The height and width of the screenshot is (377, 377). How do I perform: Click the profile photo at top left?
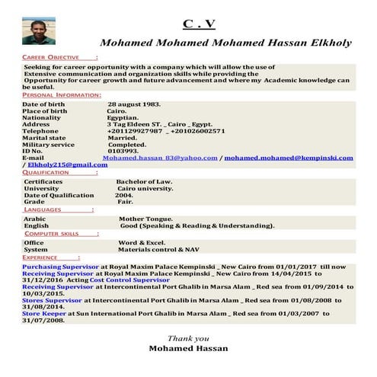click(34, 30)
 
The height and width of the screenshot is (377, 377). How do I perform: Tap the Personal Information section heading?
click(61, 94)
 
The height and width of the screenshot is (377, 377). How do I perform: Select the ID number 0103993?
click(123, 151)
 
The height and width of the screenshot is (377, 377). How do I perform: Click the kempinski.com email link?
click(289, 158)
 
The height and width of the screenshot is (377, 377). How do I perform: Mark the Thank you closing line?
click(188, 338)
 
